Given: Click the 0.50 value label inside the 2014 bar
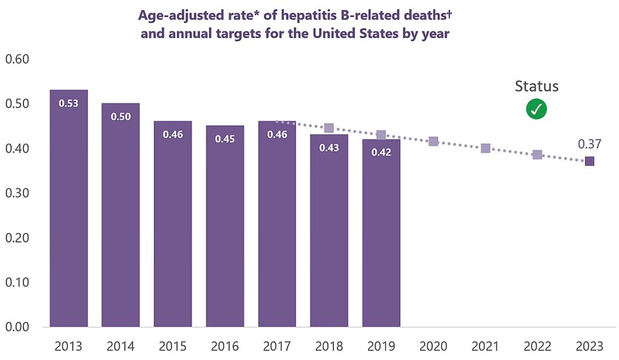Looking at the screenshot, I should [121, 117].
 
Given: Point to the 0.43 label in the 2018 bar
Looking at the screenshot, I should [329, 148].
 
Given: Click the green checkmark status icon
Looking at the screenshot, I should [536, 109].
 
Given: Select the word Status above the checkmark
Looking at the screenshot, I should [537, 86].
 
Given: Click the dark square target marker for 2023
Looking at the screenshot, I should [589, 161].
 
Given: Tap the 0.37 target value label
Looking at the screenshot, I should [589, 144].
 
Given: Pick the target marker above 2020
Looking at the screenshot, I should [433, 141].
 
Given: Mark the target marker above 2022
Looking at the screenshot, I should [537, 155].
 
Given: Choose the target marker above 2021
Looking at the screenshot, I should [485, 148].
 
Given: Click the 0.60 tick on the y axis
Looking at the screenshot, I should [17, 59].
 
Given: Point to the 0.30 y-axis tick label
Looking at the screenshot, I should [17, 193].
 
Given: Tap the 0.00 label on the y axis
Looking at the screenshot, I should [17, 327].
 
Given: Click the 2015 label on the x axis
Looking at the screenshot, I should [173, 347].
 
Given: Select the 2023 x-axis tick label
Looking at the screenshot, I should [589, 347].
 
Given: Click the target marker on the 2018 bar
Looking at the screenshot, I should [329, 128].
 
